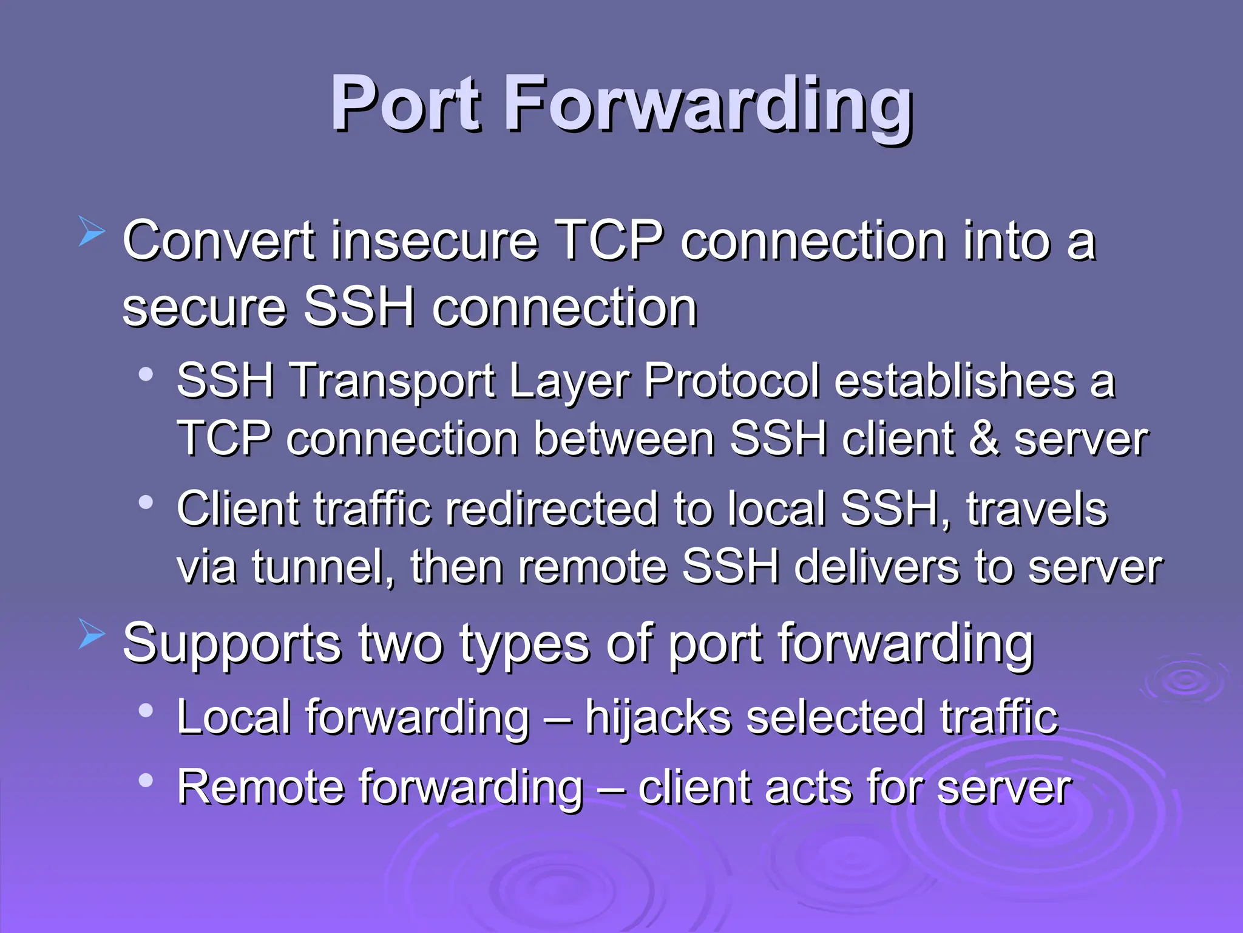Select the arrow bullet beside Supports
point(92,635)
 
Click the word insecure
point(434,241)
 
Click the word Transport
point(393,381)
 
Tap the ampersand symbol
point(984,439)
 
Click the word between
point(624,439)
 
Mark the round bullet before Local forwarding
point(146,710)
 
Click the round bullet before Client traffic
point(146,502)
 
